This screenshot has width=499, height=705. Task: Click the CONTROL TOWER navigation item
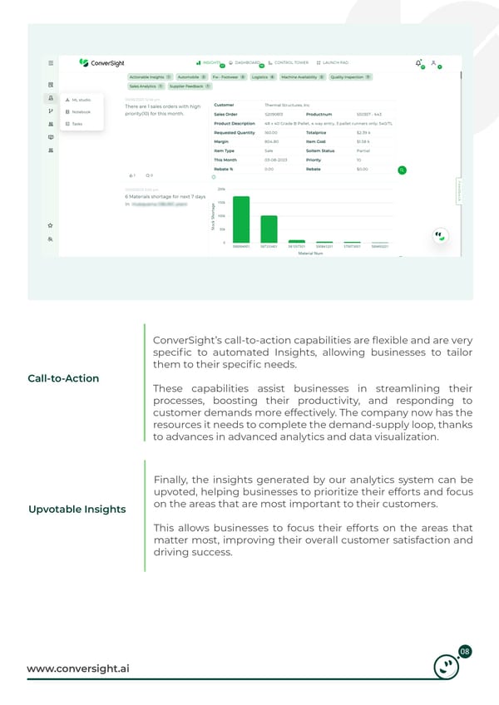tap(289, 62)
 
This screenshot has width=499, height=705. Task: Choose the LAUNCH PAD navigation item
tap(333, 62)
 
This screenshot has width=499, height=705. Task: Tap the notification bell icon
tap(418, 63)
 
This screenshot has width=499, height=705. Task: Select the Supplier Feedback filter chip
tap(189, 86)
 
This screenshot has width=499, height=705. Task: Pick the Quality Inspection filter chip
tap(350, 76)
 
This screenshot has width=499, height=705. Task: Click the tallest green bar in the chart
tap(241, 218)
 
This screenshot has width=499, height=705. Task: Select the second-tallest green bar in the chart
tap(269, 227)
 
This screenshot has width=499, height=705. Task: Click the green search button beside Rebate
tap(402, 170)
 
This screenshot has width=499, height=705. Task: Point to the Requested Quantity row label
tap(234, 132)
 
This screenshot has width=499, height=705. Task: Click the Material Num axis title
tap(309, 253)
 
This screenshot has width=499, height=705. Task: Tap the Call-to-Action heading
tap(63, 378)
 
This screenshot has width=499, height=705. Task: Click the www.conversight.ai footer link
tap(83, 668)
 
